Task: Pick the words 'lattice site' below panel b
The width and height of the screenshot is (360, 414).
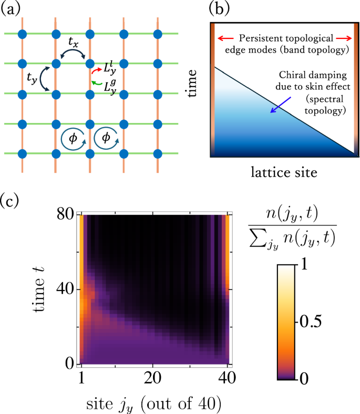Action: click(x=285, y=171)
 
